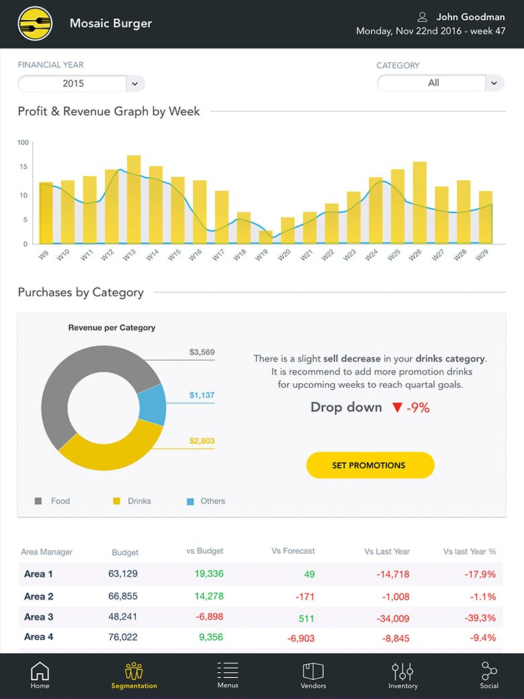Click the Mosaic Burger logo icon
35,24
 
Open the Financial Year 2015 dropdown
81,83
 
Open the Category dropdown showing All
440,83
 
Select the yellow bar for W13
134,199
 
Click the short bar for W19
266,237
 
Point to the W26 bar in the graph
420,202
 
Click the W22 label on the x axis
328,255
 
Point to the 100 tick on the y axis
24,142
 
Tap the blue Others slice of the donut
152,405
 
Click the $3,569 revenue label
202,352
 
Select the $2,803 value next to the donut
202,441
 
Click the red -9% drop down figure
417,407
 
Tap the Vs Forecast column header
293,551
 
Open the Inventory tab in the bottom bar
402,675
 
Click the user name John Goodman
470,17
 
